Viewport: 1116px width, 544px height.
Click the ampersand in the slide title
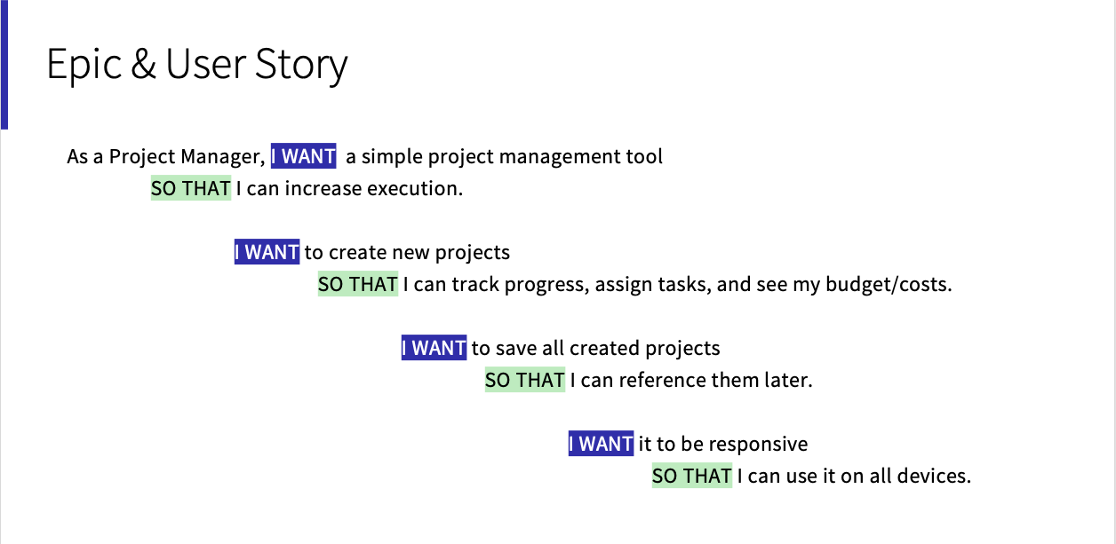(x=143, y=63)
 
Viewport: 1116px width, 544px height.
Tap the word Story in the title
(x=301, y=65)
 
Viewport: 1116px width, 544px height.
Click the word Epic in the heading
(x=84, y=65)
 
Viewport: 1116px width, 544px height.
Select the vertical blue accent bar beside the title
(x=4, y=65)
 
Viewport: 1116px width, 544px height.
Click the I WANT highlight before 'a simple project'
(x=303, y=156)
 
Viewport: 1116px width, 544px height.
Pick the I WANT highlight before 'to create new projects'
(x=267, y=252)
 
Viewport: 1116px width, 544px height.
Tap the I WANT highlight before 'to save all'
(x=434, y=347)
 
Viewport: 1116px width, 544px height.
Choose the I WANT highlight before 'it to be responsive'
(x=601, y=444)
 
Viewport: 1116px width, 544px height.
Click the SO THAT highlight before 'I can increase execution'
(x=191, y=188)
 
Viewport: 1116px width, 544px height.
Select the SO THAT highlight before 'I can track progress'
(x=358, y=284)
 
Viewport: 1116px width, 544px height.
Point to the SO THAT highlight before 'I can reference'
(x=525, y=380)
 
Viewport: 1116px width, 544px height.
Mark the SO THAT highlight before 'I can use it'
(x=692, y=476)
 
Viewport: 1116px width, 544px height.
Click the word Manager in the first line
(x=223, y=157)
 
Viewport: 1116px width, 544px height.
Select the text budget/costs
(x=889, y=285)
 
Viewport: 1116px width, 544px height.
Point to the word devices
(x=934, y=476)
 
